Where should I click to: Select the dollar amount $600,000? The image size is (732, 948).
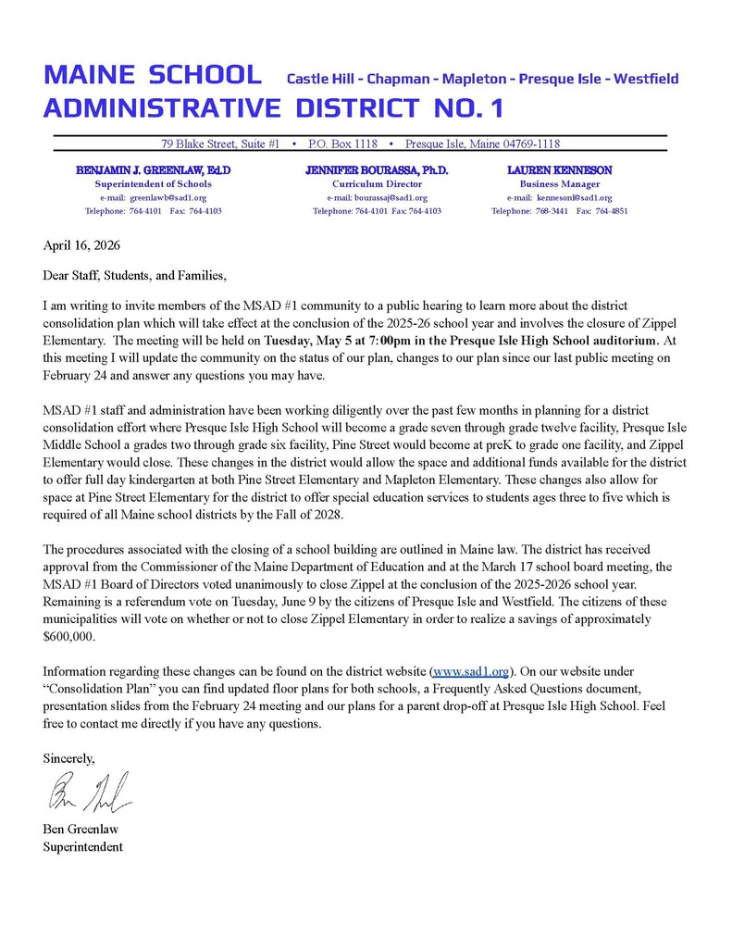(x=69, y=637)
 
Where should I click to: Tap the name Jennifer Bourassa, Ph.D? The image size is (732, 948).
(x=377, y=171)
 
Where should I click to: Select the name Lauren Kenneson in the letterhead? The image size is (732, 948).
(x=559, y=171)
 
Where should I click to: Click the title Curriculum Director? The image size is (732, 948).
(x=377, y=184)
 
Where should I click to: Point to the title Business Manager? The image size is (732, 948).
(x=559, y=184)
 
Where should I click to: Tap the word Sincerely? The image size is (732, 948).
(x=69, y=757)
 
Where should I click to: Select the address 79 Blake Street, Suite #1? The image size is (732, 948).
(x=220, y=144)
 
